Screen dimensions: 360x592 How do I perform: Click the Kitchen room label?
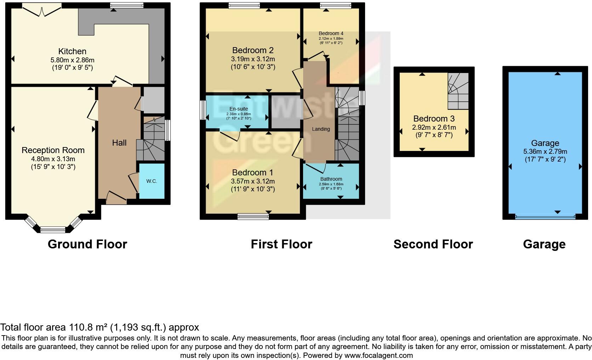[72, 51]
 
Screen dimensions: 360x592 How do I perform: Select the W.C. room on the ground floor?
[152, 181]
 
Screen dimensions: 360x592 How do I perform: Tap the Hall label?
[119, 143]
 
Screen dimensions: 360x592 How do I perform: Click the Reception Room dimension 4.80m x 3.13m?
[53, 159]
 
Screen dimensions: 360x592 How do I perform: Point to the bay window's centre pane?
[53, 230]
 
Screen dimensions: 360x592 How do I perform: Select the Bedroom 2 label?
[253, 50]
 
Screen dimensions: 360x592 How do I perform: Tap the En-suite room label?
[239, 109]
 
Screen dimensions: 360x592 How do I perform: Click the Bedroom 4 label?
[331, 34]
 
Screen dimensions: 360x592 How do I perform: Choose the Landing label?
[321, 129]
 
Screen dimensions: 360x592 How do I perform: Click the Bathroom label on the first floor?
[331, 179]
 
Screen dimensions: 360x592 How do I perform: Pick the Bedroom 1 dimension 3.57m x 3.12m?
[253, 181]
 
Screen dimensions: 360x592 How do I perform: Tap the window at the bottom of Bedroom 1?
[253, 216]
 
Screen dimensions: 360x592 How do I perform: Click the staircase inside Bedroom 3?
[458, 91]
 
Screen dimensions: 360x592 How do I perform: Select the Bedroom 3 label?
[434, 119]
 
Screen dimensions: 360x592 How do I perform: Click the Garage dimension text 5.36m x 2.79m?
[545, 151]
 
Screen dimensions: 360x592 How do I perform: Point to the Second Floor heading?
[433, 244]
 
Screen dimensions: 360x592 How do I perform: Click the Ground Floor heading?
[87, 244]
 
